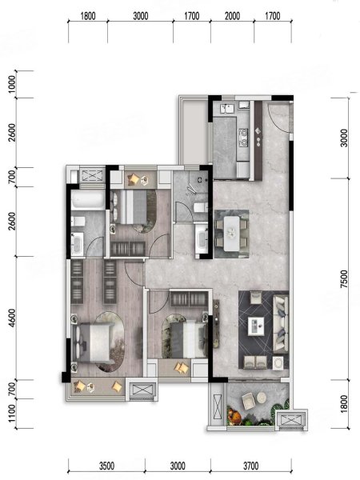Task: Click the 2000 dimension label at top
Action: [232, 16]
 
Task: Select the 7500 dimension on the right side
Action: [344, 279]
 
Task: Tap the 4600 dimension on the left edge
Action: [11, 318]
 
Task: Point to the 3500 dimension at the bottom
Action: [106, 466]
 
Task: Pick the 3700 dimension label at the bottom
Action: [250, 466]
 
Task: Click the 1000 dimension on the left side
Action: [11, 85]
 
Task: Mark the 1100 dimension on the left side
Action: [11, 414]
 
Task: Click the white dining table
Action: [231, 233]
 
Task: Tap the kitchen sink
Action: [227, 108]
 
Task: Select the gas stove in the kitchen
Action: [243, 137]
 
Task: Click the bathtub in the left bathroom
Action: [88, 200]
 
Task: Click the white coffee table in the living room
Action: [256, 325]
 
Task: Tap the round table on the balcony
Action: [262, 398]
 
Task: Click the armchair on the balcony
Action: [248, 401]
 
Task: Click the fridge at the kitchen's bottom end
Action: [242, 170]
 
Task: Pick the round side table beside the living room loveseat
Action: [278, 363]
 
